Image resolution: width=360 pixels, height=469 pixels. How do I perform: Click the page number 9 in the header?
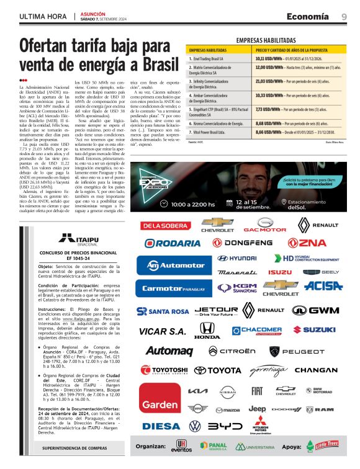pos(344,16)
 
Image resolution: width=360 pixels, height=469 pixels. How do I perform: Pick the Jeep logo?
pos(257,409)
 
